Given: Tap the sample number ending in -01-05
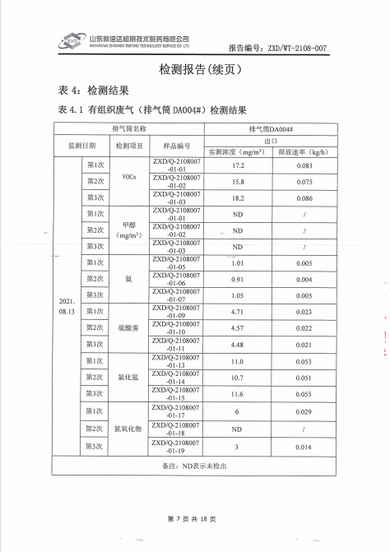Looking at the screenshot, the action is [x=176, y=263].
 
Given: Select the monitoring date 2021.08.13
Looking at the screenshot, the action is [x=67, y=307].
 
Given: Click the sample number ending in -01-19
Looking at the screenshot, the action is [x=176, y=447].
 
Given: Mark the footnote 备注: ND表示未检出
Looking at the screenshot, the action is [x=195, y=466].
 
